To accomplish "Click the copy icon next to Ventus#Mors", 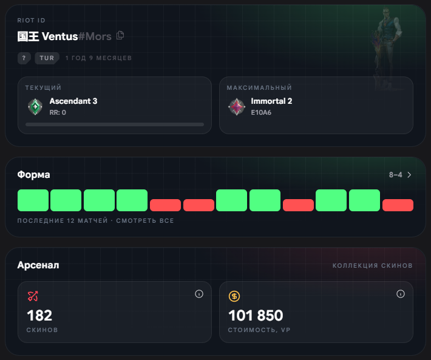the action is [x=120, y=35].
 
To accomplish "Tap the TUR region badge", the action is [x=47, y=58].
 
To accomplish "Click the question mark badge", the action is [x=24, y=58].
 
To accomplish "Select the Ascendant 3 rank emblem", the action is [x=35, y=107].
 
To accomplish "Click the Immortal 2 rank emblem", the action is [x=237, y=107].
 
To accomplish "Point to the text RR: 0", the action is [x=58, y=112].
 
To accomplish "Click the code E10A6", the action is [x=261, y=112].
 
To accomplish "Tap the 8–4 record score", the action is [x=396, y=175].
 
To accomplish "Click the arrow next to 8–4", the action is [x=409, y=175].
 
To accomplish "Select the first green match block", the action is [x=33, y=200].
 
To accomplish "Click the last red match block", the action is [x=398, y=205].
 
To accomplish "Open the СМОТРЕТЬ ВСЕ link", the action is [x=145, y=220].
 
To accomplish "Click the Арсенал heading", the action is [x=38, y=265].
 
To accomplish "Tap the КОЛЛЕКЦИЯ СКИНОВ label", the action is [x=373, y=265].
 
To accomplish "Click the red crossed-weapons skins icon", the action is [x=33, y=296].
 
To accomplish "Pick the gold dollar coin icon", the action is [x=234, y=296].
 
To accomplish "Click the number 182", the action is [x=39, y=316].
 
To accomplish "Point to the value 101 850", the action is [x=256, y=316].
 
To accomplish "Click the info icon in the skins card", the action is [x=199, y=294].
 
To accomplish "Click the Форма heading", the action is [x=33, y=175].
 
